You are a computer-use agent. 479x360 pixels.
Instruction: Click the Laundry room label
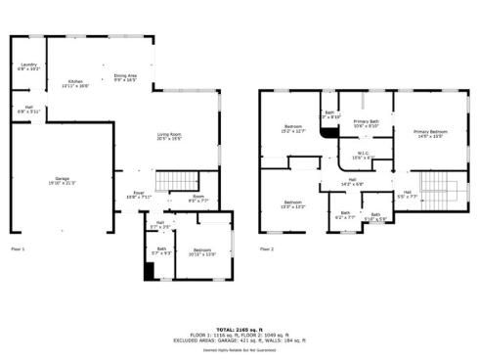tap(27, 65)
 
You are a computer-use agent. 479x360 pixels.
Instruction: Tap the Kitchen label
tap(75, 81)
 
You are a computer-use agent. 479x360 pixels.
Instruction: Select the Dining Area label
tap(125, 75)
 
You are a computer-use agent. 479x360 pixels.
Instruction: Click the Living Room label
tap(170, 134)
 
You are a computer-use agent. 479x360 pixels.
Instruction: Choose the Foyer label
tap(139, 194)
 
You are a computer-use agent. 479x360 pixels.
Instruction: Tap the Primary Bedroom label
tap(430, 131)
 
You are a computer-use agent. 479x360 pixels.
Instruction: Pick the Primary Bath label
tap(367, 121)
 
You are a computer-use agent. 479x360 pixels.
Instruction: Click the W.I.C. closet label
tap(363, 153)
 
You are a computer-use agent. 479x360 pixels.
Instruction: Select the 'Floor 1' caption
tap(18, 249)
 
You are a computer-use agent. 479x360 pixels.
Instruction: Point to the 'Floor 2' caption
tap(267, 249)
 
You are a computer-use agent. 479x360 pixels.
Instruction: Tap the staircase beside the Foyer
tap(178, 180)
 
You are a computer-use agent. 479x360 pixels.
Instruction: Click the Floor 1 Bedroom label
tap(201, 250)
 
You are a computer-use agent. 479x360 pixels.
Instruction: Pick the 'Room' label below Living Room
tap(197, 197)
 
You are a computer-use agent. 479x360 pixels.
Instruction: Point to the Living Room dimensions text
tap(170, 139)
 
